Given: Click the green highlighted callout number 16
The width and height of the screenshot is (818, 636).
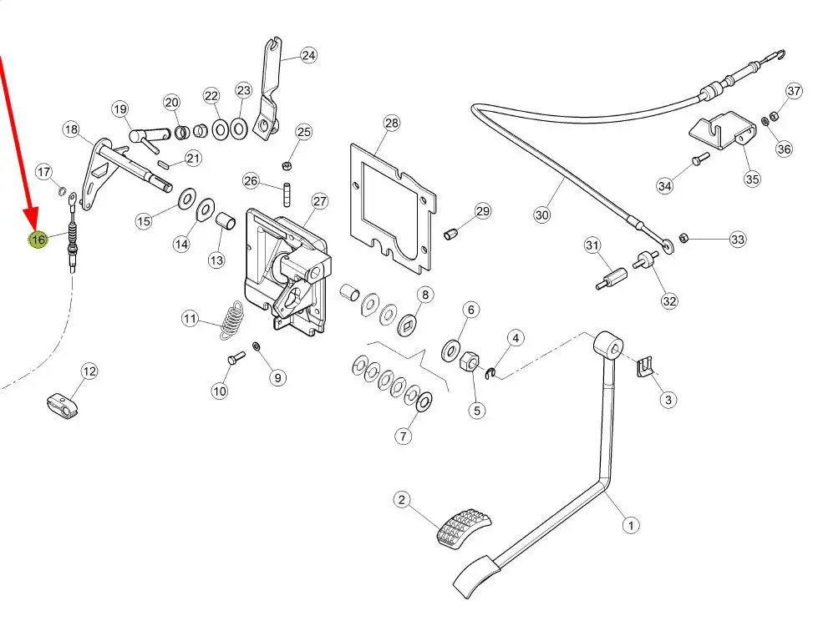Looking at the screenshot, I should click(x=38, y=240).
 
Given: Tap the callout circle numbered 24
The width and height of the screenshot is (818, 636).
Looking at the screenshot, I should click(x=308, y=56).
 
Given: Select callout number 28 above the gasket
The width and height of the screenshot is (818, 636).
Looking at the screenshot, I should click(x=392, y=124).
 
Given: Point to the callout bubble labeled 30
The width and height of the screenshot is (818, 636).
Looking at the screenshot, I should click(x=542, y=215).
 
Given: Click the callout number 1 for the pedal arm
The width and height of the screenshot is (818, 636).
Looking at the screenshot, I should click(x=631, y=525).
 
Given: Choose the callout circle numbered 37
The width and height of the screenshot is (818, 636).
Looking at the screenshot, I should click(x=793, y=91).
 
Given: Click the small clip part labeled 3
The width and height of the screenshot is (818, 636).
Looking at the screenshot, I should click(x=644, y=366).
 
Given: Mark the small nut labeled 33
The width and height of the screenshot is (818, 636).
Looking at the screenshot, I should click(x=683, y=239).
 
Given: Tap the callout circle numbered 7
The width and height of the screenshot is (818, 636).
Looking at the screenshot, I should click(x=404, y=435).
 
